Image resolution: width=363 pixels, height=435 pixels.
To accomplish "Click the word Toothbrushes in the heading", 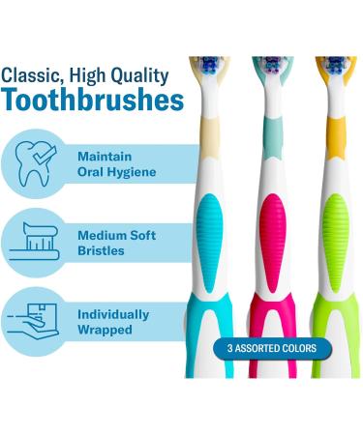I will click(93, 101).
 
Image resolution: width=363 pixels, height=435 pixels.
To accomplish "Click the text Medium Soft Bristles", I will click(116, 244).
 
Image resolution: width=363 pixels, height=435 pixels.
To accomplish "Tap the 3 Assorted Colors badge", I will click(272, 348).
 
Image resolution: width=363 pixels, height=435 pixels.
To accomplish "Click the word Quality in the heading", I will click(134, 75).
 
